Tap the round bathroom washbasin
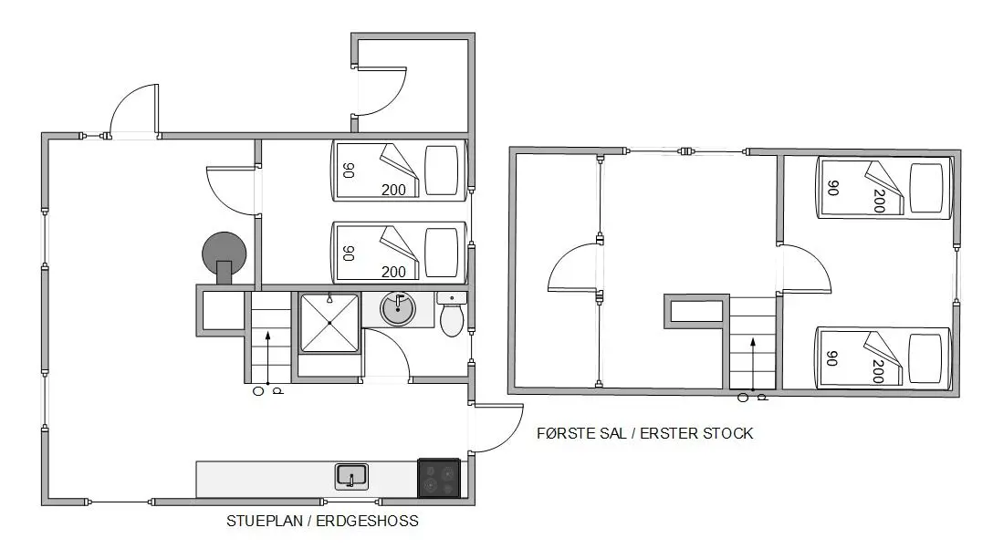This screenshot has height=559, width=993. pyautogui.click(x=398, y=309)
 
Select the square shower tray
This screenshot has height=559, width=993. pyautogui.click(x=329, y=322)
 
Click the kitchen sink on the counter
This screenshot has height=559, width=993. pyautogui.click(x=351, y=477)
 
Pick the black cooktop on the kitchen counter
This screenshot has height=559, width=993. pyautogui.click(x=439, y=478)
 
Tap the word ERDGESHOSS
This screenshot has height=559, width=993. pyautogui.click(x=367, y=521)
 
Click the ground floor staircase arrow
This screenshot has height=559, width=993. pyautogui.click(x=268, y=357)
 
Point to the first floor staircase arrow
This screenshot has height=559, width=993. pyautogui.click(x=753, y=365)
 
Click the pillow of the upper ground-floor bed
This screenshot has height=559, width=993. pyautogui.click(x=442, y=171)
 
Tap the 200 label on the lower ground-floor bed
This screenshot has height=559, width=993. pyautogui.click(x=393, y=272)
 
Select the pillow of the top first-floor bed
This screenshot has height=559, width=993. pyautogui.click(x=926, y=188)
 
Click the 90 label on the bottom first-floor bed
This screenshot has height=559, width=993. pyautogui.click(x=832, y=358)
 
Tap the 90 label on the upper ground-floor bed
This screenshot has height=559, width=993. pyautogui.click(x=349, y=171)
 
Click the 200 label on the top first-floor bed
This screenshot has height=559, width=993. pyautogui.click(x=878, y=201)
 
